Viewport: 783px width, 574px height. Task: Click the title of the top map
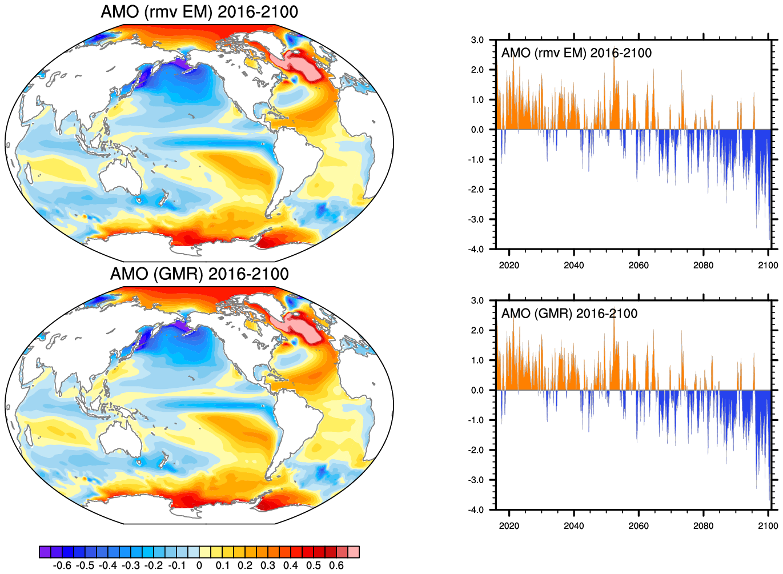point(199,12)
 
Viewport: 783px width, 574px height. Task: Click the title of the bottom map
point(199,274)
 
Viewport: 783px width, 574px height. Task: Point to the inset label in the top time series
point(576,53)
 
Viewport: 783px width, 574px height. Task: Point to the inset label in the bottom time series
point(569,314)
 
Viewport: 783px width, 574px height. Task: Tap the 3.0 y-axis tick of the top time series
point(477,40)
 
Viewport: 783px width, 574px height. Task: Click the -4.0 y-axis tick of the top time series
point(476,250)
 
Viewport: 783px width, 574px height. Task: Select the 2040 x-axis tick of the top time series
point(574,265)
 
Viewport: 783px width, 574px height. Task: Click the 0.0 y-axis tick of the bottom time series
point(477,391)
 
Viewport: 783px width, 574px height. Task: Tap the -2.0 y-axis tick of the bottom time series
point(476,450)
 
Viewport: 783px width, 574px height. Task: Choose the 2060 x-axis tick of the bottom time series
point(639,525)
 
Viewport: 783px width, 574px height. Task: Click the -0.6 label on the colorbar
point(62,565)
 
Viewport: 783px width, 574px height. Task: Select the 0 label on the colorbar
point(199,565)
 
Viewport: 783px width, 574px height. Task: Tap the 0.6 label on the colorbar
point(336,565)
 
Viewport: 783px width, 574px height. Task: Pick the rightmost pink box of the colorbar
point(354,552)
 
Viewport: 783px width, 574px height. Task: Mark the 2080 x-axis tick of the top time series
point(704,265)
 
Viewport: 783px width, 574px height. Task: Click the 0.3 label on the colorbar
point(268,565)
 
